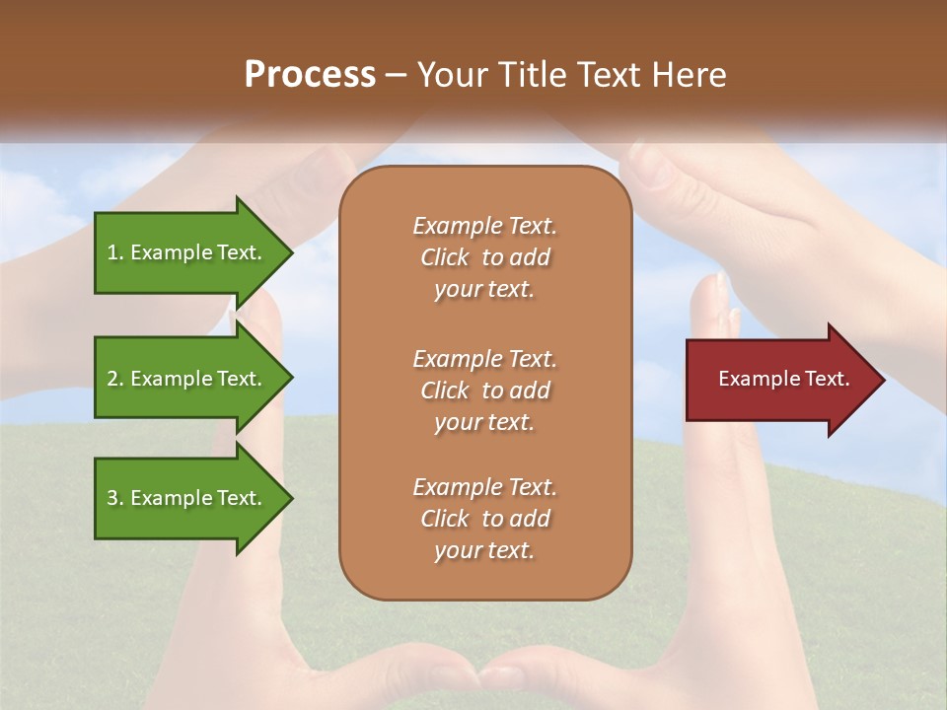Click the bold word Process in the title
tap(310, 74)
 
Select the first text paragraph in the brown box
tap(484, 257)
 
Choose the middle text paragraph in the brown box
tap(484, 390)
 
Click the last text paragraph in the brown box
tap(484, 519)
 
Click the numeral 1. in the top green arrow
tap(114, 252)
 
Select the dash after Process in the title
tap(396, 74)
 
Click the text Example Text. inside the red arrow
tap(784, 379)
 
